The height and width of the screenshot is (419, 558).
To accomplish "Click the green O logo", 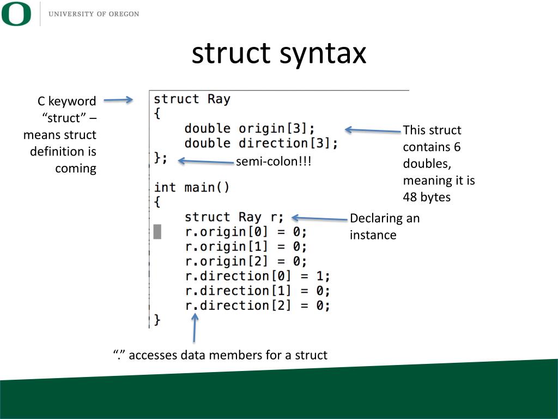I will pos(16,14).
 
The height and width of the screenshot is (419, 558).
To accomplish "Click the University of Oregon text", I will pos(94,14).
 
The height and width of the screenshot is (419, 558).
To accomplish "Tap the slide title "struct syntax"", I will pos(278,53).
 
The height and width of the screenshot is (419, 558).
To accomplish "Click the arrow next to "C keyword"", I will pos(118,100).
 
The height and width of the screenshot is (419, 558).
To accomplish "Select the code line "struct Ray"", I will pos(192,99).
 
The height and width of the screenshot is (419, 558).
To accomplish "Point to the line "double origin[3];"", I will pos(250,129).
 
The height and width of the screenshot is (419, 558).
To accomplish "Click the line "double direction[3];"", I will pos(261,143).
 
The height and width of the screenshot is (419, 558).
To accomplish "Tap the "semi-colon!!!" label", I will pos(274,162).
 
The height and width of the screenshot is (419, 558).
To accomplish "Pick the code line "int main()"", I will pos(192,188).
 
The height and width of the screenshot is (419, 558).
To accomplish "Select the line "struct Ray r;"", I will pos(234,217).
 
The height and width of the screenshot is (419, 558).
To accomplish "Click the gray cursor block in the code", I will pos(157,231).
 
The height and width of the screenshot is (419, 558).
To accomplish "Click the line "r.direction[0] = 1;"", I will pos(257,276).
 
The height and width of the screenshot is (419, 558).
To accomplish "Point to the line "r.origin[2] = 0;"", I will pos(246,261).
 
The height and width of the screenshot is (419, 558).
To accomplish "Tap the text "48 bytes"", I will pos(427,197).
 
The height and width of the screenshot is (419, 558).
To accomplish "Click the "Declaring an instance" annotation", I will pos(385,226).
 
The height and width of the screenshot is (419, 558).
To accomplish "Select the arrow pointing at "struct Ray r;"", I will pos(319,218).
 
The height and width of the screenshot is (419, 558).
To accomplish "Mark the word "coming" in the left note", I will pos(76,169).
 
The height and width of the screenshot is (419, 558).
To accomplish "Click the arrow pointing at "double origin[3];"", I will pos(373,130).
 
